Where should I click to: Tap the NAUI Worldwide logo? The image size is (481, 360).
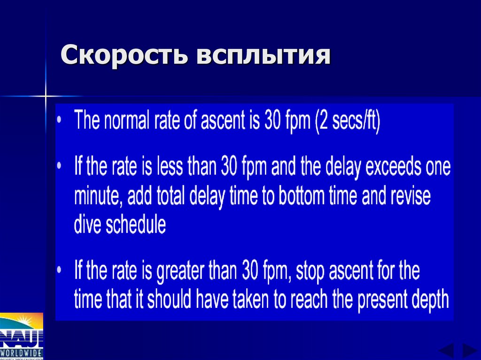coord(21,335)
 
